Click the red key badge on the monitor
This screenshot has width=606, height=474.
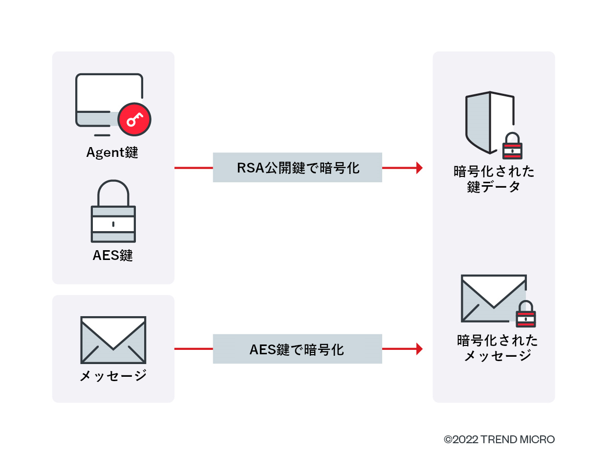134,119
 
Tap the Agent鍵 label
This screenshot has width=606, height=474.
112,152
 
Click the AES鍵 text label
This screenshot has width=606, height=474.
113,256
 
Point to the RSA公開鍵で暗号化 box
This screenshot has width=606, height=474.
297,168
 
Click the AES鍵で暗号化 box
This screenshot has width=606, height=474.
297,349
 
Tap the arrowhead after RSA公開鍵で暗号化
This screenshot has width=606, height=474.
419,168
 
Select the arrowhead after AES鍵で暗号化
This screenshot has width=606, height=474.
419,349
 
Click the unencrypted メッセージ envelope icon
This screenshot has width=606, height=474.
113,340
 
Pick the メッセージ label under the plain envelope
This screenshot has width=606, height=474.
113,375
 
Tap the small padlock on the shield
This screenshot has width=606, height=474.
512,146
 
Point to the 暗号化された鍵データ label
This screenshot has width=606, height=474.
494,179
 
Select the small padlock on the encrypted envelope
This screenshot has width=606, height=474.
526,314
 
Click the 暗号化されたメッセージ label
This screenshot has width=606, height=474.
497,347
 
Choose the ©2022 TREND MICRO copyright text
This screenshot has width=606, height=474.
499,439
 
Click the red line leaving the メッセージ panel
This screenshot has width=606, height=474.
194,349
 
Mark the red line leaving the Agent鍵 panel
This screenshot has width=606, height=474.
194,168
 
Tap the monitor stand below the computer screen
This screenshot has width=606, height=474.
102,135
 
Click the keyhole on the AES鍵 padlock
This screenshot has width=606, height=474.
113,224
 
